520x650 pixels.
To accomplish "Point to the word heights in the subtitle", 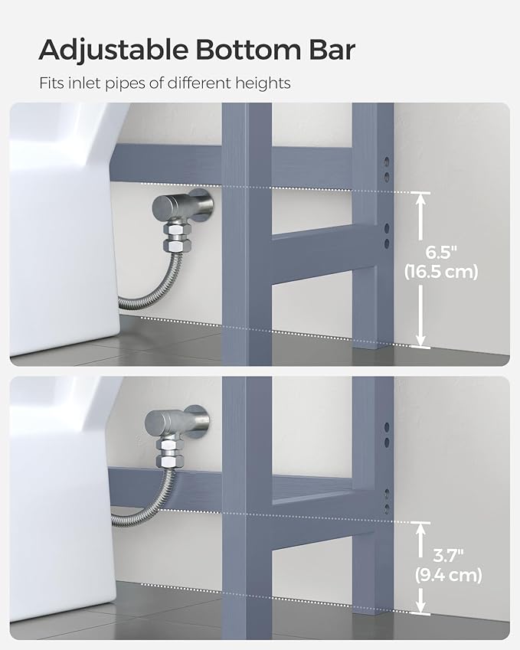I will pos(264,83).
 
